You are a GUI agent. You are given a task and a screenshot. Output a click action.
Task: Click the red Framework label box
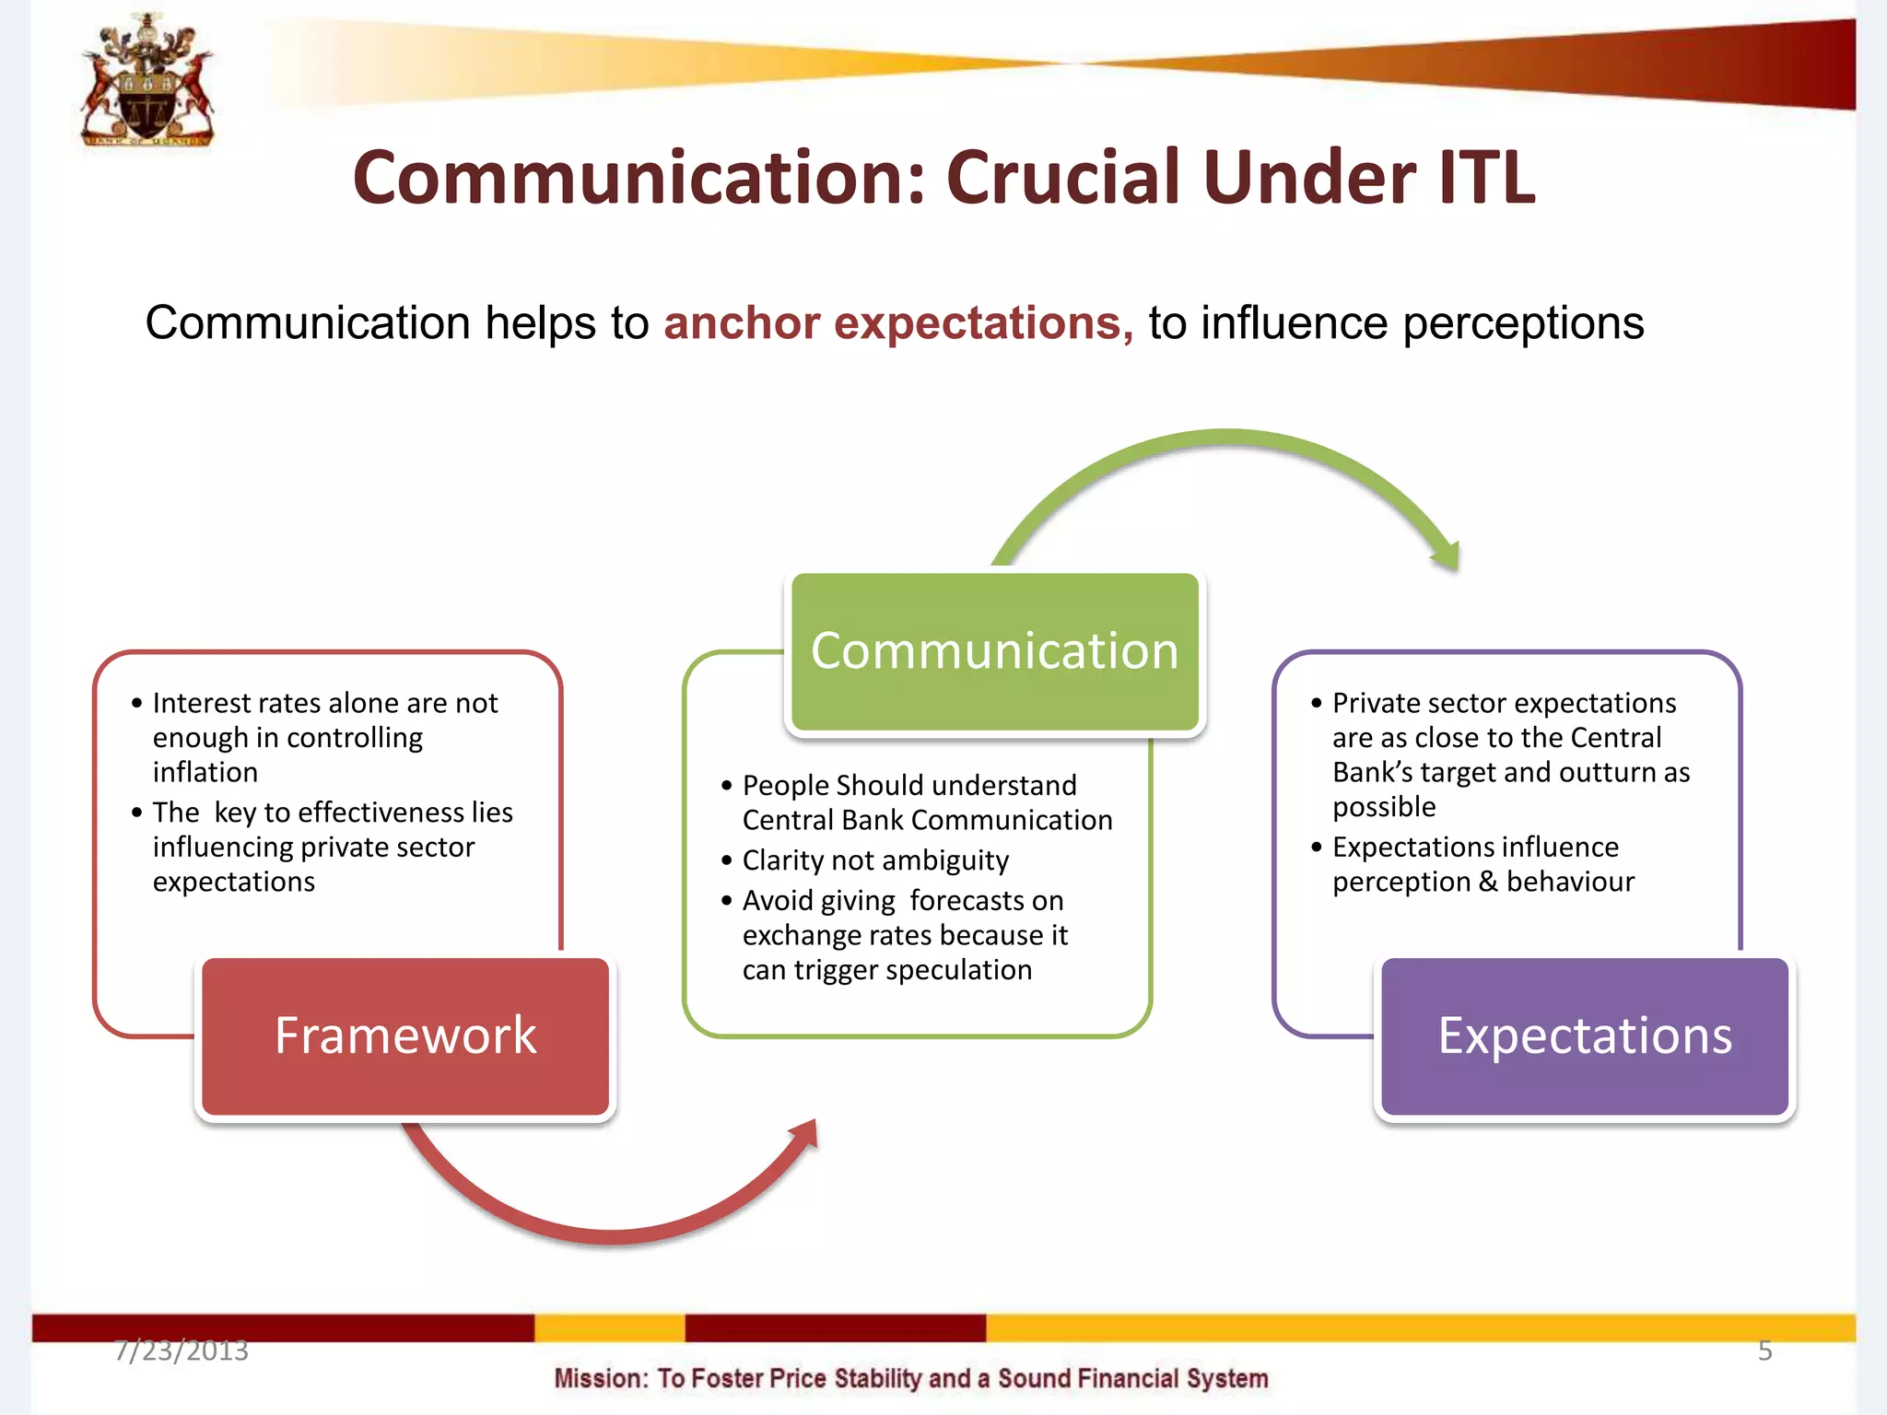click(x=405, y=1036)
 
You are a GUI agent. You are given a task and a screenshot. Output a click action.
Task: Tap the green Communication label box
click(x=995, y=651)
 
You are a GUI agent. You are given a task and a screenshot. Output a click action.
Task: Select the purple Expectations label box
click(x=1585, y=1036)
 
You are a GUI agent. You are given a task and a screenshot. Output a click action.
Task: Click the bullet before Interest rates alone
click(x=137, y=704)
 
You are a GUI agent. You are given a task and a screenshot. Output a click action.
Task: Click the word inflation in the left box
click(x=205, y=772)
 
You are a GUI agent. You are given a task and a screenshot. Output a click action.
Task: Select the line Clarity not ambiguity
click(x=875, y=860)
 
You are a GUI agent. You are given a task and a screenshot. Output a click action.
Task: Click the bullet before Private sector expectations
click(x=1317, y=704)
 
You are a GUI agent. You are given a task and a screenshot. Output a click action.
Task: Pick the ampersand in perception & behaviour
click(x=1488, y=882)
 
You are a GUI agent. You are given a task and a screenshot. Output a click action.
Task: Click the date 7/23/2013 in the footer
click(x=182, y=1351)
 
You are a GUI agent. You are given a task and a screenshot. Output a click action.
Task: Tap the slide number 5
click(x=1764, y=1351)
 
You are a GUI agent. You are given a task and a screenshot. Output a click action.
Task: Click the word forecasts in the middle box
click(x=986, y=900)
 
